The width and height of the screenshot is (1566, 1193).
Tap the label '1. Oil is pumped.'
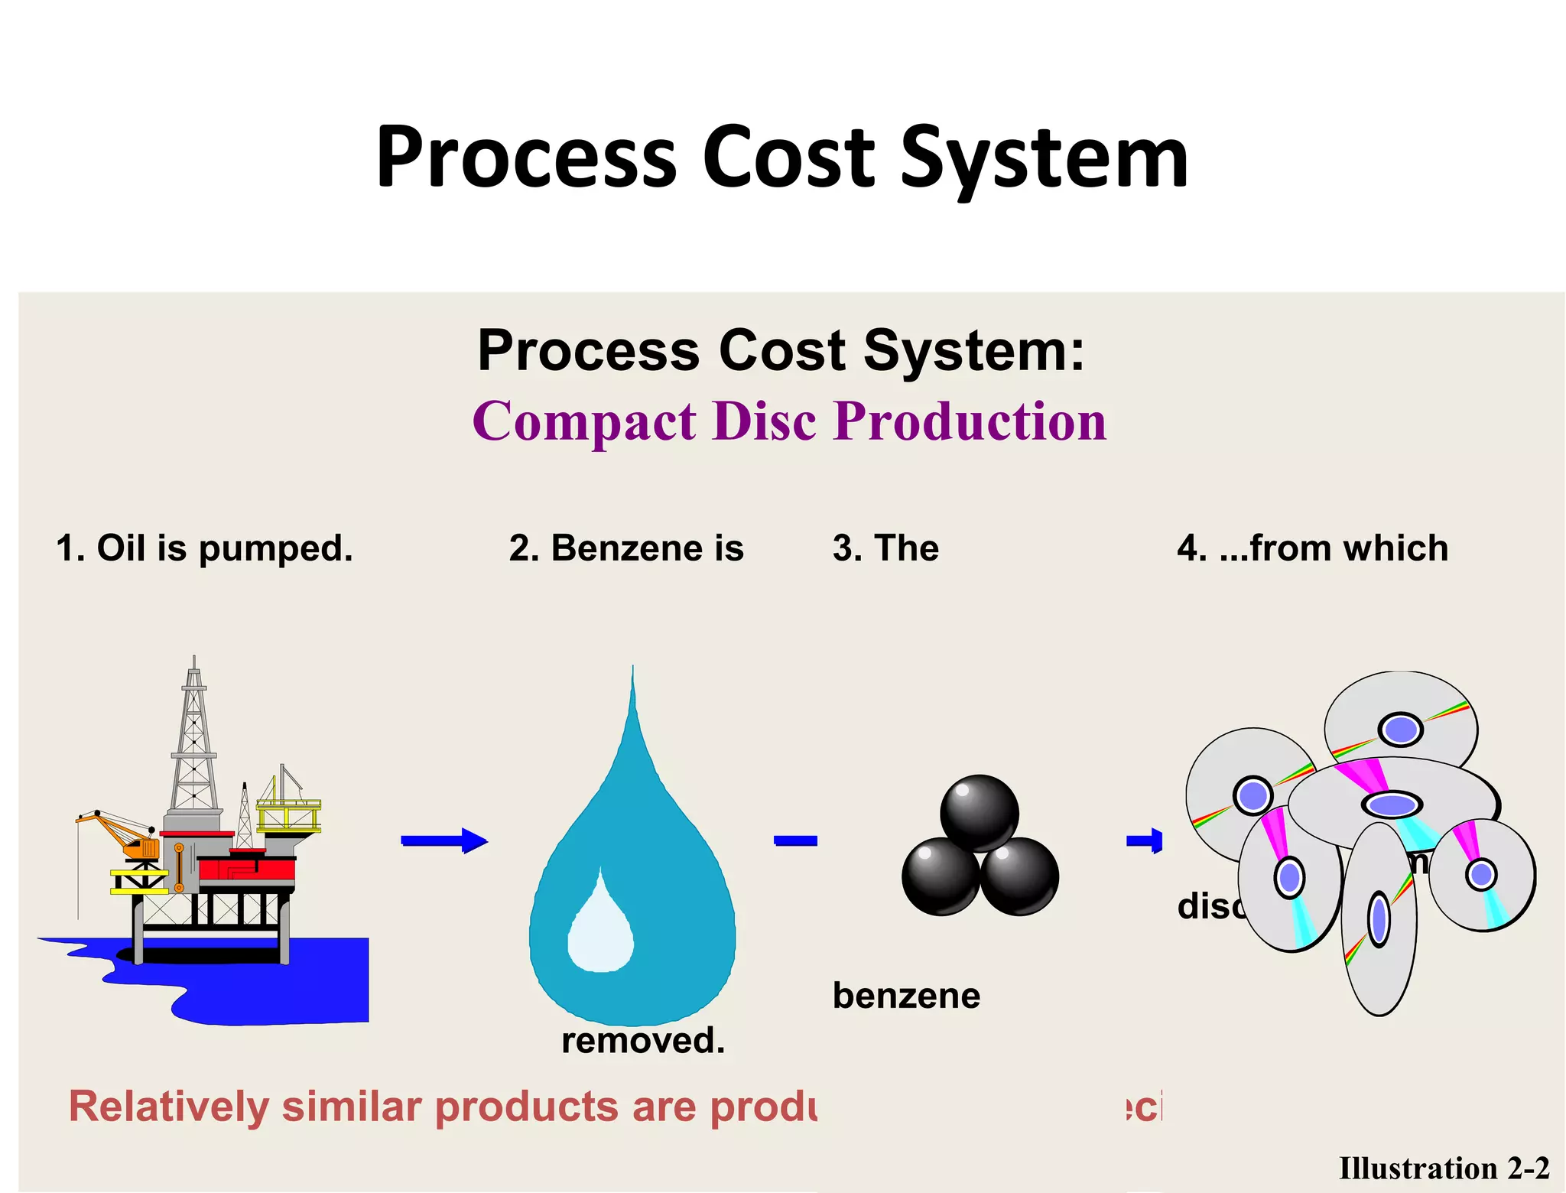click(x=205, y=548)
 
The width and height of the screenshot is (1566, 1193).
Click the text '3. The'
click(x=885, y=548)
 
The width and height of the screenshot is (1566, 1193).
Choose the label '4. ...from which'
click(x=1312, y=548)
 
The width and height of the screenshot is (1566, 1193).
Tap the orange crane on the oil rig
click(x=122, y=834)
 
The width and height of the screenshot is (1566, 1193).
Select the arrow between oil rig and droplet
click(x=444, y=841)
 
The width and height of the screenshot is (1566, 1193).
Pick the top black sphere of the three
click(x=980, y=813)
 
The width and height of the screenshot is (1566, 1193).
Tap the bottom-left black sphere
click(x=941, y=876)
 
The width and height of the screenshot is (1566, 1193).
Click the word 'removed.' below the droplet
click(x=643, y=1041)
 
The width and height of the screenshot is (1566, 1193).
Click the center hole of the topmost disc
click(x=1400, y=729)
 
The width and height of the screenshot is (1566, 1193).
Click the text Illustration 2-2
click(x=1444, y=1169)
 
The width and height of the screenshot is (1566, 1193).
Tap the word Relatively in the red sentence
click(x=168, y=1107)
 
